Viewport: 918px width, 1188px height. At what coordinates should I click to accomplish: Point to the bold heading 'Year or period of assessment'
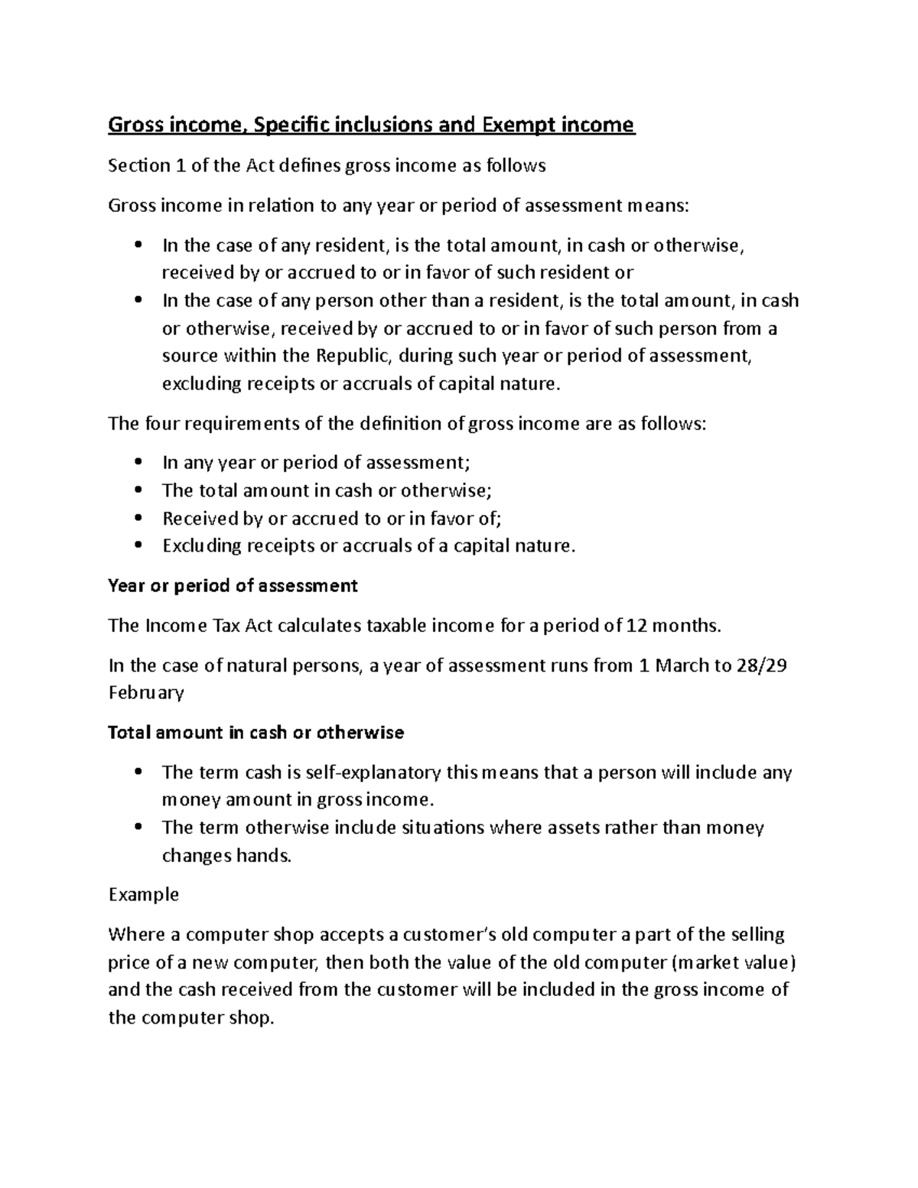click(233, 586)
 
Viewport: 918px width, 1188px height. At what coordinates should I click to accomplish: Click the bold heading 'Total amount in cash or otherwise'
click(256, 733)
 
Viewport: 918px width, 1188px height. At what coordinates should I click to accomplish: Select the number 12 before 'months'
click(636, 626)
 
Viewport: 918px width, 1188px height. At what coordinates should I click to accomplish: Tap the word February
click(146, 693)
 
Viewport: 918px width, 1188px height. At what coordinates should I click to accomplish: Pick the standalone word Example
click(143, 895)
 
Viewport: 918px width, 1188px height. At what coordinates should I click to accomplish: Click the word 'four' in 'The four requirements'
click(161, 424)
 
